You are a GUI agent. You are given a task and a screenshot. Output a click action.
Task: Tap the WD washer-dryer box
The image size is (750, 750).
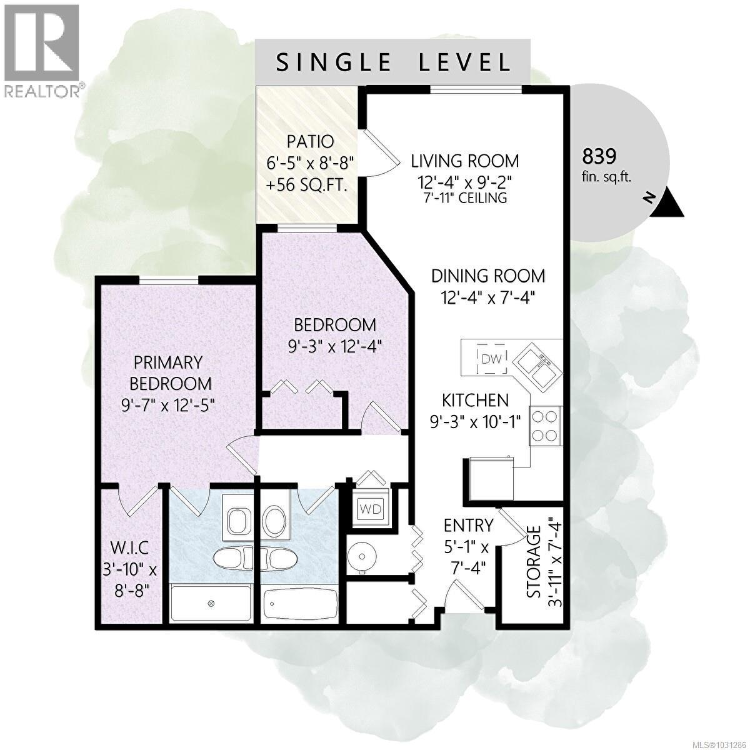pyautogui.click(x=369, y=509)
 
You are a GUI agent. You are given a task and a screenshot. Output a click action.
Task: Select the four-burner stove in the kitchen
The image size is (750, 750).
pyautogui.click(x=545, y=426)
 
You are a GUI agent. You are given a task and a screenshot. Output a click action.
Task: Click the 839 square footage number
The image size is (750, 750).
pyautogui.click(x=599, y=154)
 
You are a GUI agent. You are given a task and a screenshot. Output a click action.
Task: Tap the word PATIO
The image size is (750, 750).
pyautogui.click(x=307, y=141)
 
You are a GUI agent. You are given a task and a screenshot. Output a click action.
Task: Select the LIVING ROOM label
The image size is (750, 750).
pyautogui.click(x=464, y=161)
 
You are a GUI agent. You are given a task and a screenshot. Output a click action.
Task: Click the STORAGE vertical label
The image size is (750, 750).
pyautogui.click(x=533, y=562)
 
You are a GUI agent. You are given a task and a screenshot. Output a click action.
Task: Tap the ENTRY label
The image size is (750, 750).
pyautogui.click(x=468, y=524)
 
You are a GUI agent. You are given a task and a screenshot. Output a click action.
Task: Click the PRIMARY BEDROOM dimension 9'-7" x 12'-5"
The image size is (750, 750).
pyautogui.click(x=169, y=404)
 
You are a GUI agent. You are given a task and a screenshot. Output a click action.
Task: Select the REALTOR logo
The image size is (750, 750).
pyautogui.click(x=42, y=51)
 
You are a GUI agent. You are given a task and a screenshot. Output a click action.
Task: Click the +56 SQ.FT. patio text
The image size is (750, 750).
pyautogui.click(x=307, y=186)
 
